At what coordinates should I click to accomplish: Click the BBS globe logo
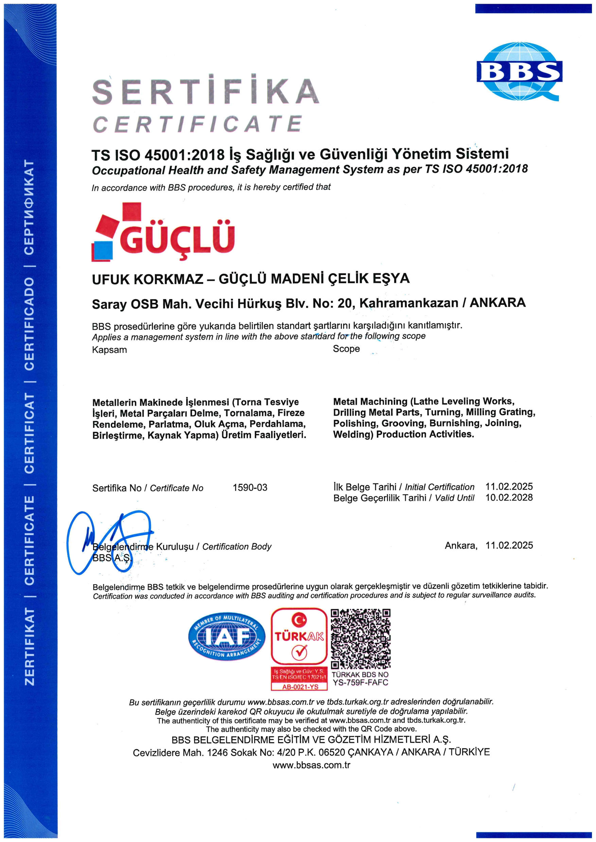coord(519,71)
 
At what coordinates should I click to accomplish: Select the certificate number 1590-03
coord(250,488)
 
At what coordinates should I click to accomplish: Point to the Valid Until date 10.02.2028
coord(509,498)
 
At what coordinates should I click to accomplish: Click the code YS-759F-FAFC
coord(361,682)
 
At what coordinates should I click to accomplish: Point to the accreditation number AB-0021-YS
coord(300,687)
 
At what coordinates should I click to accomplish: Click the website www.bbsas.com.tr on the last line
coord(312,765)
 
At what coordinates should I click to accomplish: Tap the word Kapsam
coord(109,350)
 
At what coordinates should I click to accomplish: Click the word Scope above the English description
coord(346,349)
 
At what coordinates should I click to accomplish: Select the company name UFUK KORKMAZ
coord(147,279)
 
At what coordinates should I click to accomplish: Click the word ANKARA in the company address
coord(498,303)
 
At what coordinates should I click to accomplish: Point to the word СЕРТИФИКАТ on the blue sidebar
coord(29,207)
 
